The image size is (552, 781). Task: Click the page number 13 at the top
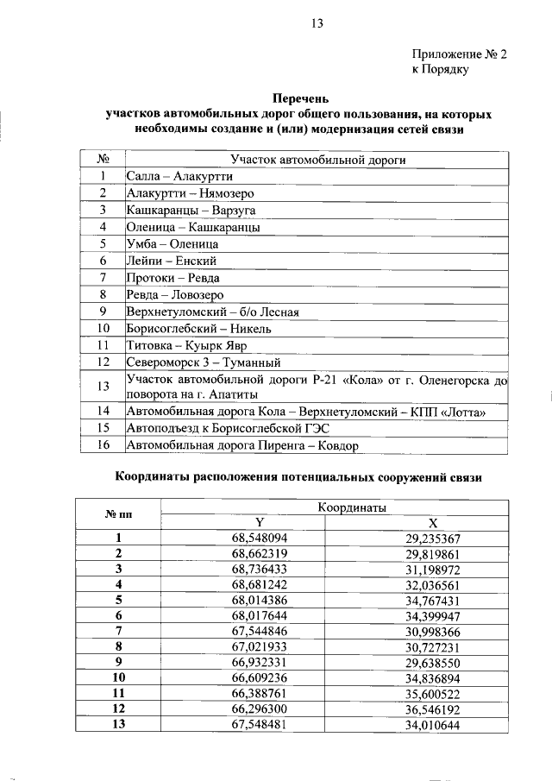pos(317,24)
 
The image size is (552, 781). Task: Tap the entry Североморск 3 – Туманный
pos(204,362)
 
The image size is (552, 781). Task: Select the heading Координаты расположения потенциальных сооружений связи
pos(298,476)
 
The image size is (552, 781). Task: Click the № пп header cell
pos(118,514)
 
